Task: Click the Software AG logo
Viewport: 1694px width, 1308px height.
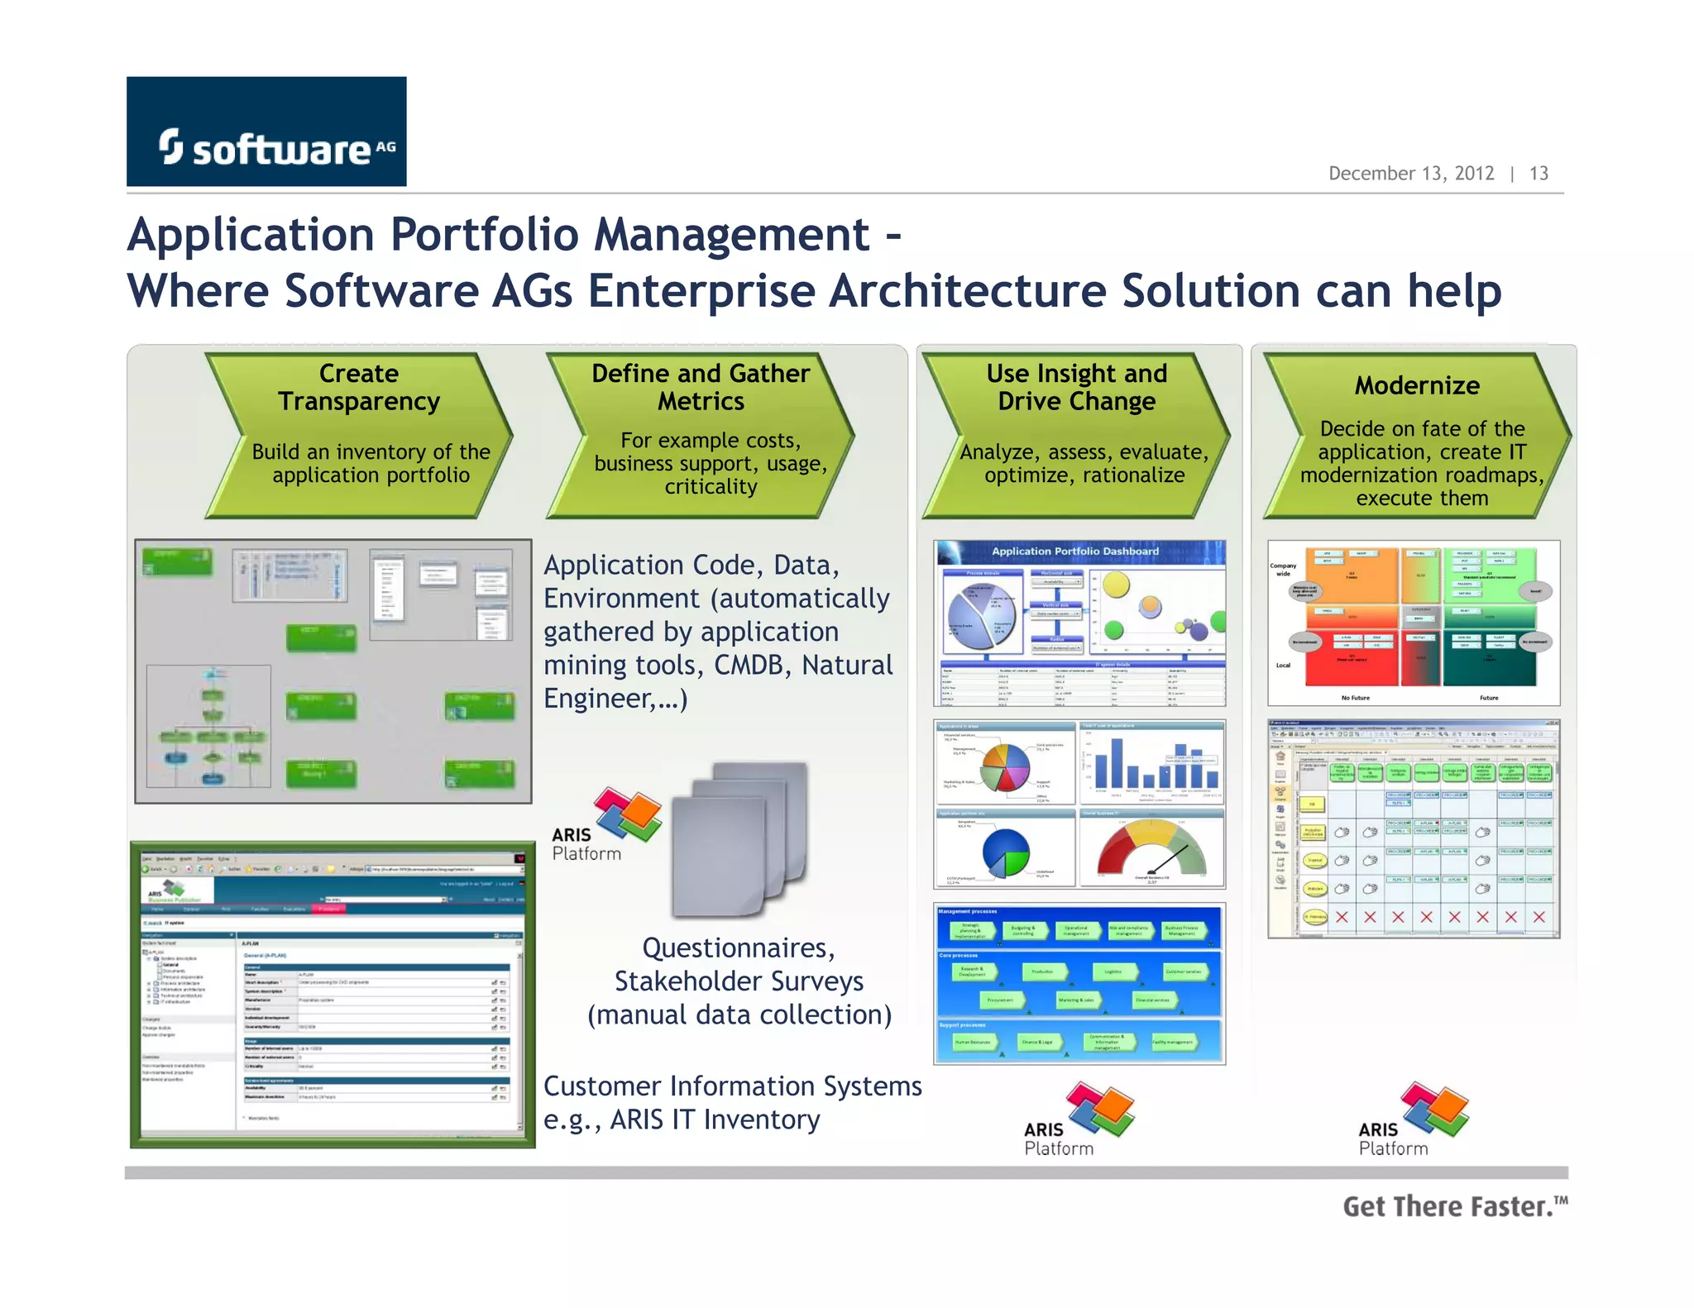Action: pyautogui.click(x=266, y=132)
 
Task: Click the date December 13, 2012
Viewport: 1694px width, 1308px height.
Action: pyautogui.click(x=1410, y=174)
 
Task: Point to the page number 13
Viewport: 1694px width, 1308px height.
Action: pyautogui.click(x=1538, y=174)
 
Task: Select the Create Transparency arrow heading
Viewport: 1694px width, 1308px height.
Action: pyautogui.click(x=359, y=387)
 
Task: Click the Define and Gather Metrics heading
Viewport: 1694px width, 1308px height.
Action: pyautogui.click(x=701, y=387)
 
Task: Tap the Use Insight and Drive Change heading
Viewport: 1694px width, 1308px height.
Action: pyautogui.click(x=1076, y=387)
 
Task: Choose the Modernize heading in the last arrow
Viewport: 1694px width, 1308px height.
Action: pyautogui.click(x=1417, y=385)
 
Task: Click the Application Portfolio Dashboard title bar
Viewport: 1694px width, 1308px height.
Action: pyautogui.click(x=1075, y=551)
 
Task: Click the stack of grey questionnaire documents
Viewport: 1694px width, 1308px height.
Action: pyautogui.click(x=739, y=839)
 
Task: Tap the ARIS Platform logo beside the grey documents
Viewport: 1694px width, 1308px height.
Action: pyautogui.click(x=608, y=824)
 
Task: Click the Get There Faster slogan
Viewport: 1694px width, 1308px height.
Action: pyautogui.click(x=1454, y=1206)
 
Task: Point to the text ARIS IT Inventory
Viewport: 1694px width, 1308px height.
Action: pyautogui.click(x=715, y=1119)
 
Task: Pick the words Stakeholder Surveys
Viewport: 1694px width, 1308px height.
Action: pyautogui.click(x=739, y=981)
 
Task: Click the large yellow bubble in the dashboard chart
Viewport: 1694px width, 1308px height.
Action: pyautogui.click(x=1117, y=585)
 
